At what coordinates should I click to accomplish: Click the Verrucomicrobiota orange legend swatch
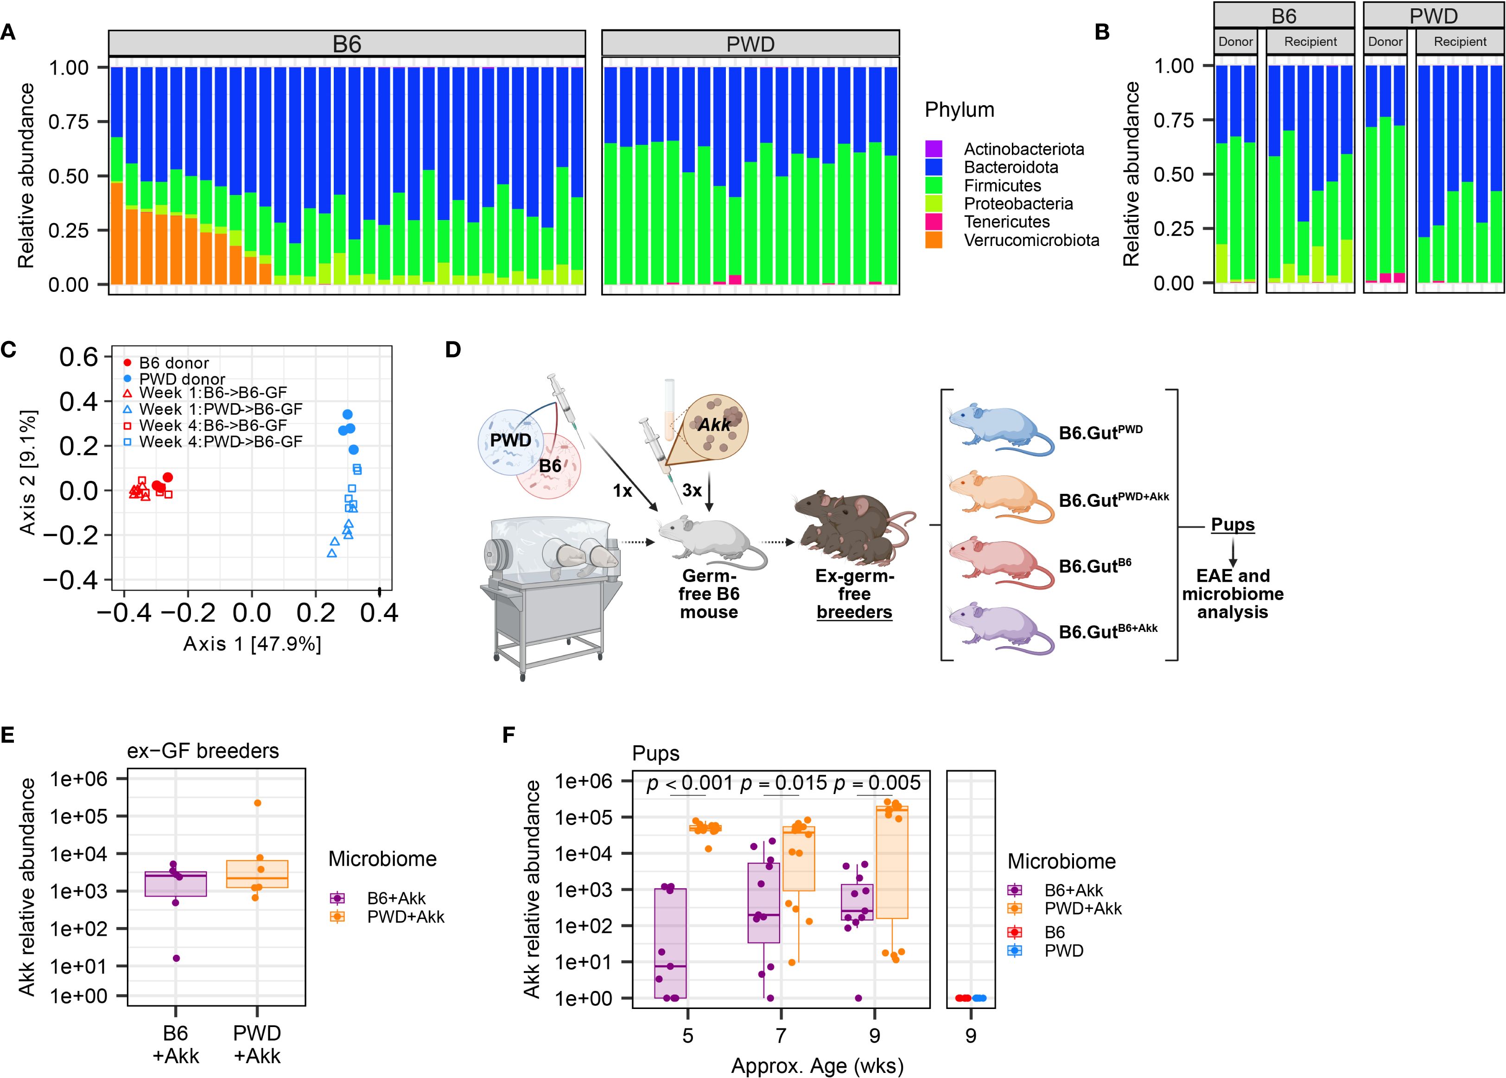pyautogui.click(x=934, y=240)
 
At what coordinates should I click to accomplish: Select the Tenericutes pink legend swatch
pyautogui.click(x=934, y=222)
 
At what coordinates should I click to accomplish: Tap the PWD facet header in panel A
pyautogui.click(x=750, y=44)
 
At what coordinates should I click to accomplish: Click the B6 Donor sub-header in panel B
pyautogui.click(x=1235, y=42)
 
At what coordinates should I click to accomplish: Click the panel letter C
pyautogui.click(x=9, y=350)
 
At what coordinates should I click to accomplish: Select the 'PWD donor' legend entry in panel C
pyautogui.click(x=181, y=379)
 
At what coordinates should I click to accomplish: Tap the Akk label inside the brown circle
pyautogui.click(x=714, y=425)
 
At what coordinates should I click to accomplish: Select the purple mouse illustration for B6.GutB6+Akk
pyautogui.click(x=996, y=627)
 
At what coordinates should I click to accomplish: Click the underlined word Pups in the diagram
pyautogui.click(x=1233, y=524)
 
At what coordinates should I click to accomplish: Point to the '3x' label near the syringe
pyautogui.click(x=692, y=491)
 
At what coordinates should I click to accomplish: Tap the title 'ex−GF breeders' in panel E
pyautogui.click(x=203, y=751)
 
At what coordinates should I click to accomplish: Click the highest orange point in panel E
pyautogui.click(x=258, y=803)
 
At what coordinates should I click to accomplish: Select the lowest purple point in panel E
pyautogui.click(x=176, y=958)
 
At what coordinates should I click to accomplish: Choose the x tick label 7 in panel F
pyautogui.click(x=781, y=1035)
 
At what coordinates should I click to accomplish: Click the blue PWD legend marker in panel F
pyautogui.click(x=1014, y=951)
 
